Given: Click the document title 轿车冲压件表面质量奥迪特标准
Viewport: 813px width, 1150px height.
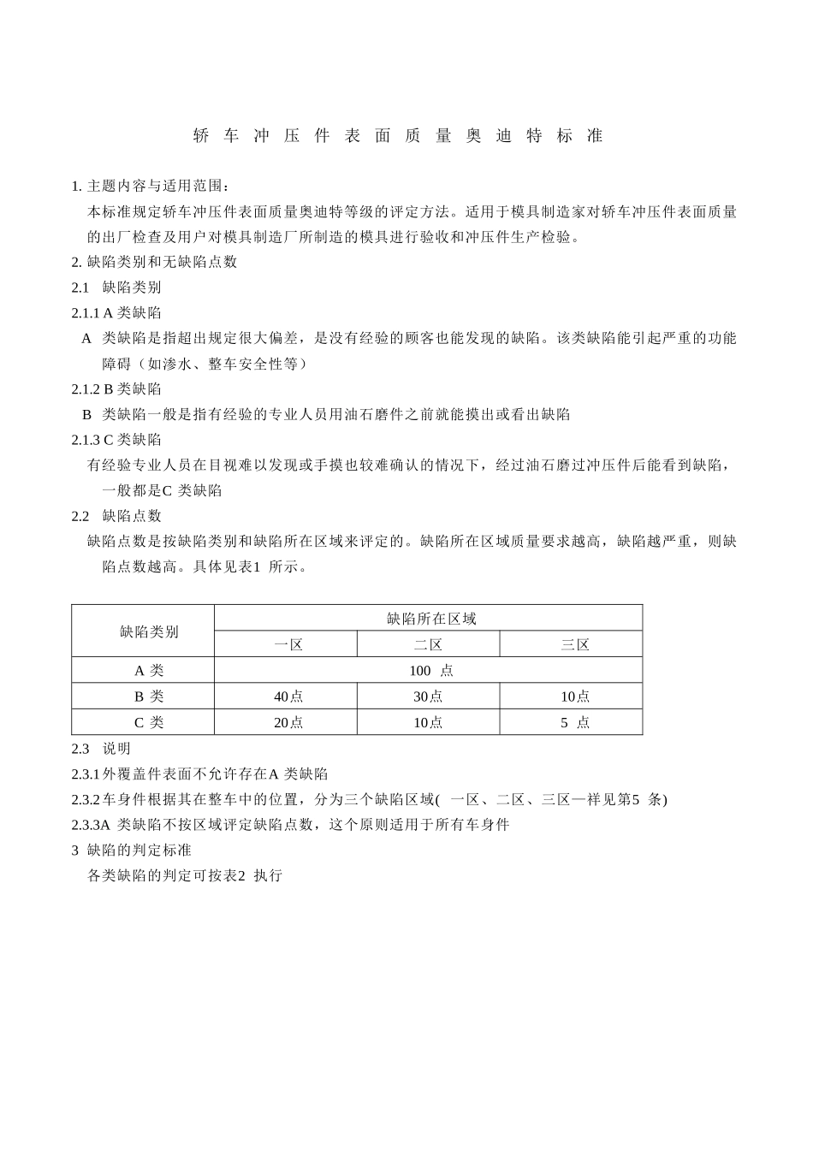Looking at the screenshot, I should point(398,136).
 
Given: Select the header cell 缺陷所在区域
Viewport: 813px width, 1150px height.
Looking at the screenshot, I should point(430,619).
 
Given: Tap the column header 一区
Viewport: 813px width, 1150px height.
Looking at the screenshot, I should point(288,644).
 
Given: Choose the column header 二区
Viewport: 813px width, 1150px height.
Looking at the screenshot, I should point(428,644).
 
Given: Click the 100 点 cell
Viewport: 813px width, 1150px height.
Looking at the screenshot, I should point(430,671).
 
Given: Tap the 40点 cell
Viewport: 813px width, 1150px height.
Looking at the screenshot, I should point(288,697).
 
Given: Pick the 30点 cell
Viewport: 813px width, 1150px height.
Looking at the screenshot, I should point(428,697).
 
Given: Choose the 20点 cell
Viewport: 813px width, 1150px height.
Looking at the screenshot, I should point(288,722).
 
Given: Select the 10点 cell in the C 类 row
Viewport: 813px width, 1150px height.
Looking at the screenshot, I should point(428,722).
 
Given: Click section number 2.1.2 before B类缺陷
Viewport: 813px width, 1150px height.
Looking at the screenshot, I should point(86,389).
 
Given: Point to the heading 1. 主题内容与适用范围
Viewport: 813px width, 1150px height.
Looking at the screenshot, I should point(151,186).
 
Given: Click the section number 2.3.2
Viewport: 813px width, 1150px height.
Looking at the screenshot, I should point(86,799).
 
